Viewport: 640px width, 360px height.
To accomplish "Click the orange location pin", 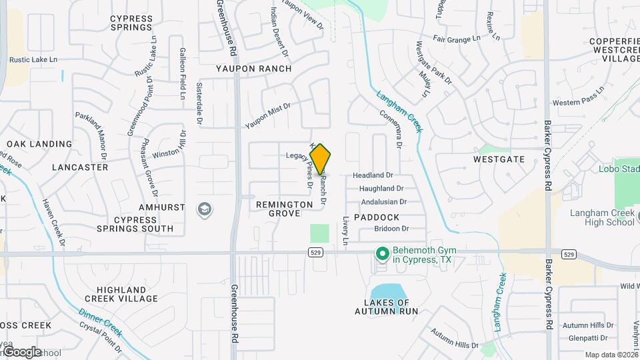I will point(321,159).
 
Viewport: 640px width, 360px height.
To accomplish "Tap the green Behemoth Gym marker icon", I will point(382,254).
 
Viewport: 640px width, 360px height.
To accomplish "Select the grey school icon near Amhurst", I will point(205,210).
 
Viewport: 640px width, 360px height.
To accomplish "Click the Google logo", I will point(21,351).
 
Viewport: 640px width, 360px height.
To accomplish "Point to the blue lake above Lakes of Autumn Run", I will point(386,291).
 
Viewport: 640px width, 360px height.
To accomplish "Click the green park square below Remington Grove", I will point(320,233).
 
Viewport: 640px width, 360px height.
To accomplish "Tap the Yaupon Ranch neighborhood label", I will point(253,69).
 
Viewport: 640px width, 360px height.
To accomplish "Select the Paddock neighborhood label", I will point(377,217).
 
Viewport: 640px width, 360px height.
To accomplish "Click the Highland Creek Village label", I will point(121,294).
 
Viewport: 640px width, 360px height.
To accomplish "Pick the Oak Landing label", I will point(39,144).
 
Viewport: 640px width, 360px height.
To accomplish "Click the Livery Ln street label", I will point(345,230).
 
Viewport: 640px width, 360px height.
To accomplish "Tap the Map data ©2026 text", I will point(611,355).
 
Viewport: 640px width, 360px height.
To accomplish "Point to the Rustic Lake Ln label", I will point(33,59).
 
